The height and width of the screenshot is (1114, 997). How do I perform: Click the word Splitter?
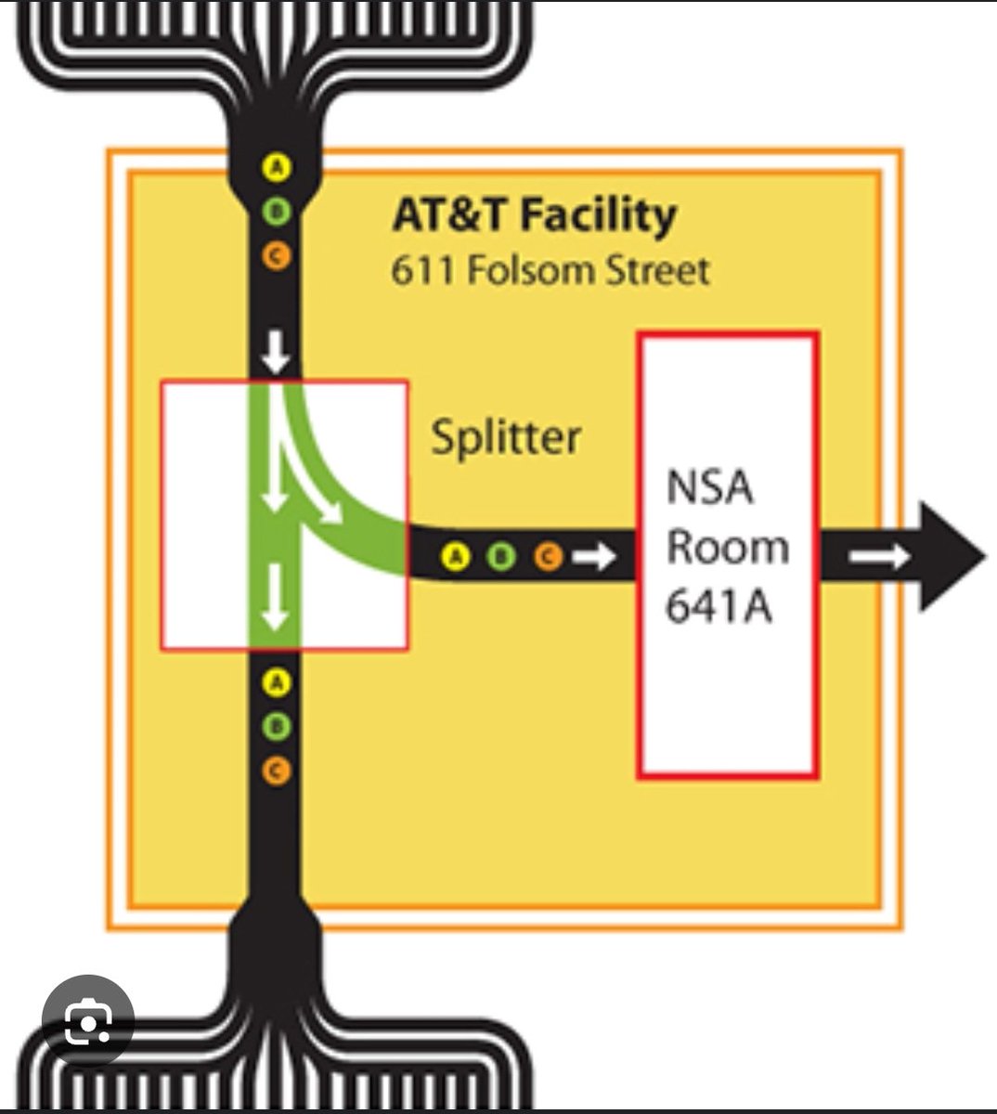click(506, 437)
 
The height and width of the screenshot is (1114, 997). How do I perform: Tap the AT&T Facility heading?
click(534, 215)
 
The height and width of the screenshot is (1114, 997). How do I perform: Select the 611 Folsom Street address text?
click(550, 271)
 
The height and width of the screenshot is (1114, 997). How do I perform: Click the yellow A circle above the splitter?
click(277, 168)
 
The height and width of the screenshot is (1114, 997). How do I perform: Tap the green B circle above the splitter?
click(277, 212)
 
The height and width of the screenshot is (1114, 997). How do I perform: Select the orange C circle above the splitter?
click(277, 255)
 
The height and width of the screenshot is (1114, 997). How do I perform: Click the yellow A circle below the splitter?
click(276, 683)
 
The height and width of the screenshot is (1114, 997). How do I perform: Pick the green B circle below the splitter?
click(276, 726)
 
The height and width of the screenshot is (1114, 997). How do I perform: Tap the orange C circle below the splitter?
click(276, 770)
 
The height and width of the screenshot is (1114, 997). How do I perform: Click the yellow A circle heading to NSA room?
click(454, 557)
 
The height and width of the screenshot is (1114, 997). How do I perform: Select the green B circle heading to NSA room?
click(500, 557)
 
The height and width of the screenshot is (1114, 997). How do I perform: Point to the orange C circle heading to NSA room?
click(548, 557)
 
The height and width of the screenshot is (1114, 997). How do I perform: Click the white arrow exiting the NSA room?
click(879, 557)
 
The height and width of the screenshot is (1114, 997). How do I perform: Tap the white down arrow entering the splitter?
click(275, 354)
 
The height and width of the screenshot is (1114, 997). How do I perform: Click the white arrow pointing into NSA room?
click(594, 557)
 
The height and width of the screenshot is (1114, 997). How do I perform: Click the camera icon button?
click(88, 1022)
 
